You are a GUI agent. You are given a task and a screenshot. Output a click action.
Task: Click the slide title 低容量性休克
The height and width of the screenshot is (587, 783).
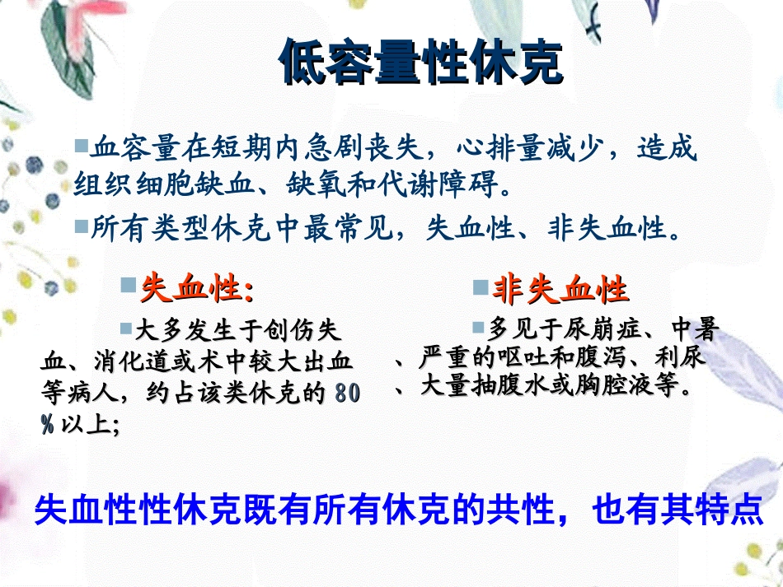click(x=421, y=63)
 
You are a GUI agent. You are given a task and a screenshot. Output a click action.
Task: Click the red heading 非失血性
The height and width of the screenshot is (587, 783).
click(x=560, y=290)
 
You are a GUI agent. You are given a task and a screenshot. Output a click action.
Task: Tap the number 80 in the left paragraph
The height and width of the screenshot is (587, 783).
click(x=347, y=394)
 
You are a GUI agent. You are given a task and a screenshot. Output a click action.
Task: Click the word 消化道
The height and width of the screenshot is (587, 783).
click(x=121, y=362)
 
